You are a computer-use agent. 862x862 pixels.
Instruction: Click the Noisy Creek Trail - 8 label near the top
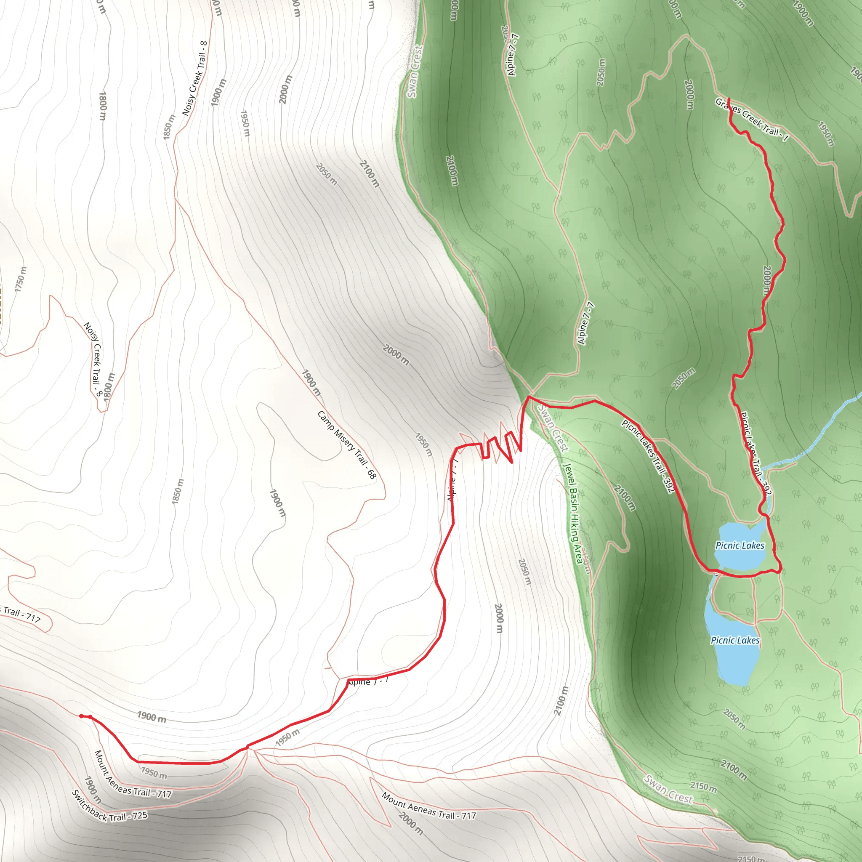coord(195,79)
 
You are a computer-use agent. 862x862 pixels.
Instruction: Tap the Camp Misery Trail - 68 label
coord(347,445)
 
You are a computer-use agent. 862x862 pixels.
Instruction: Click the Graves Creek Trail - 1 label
coord(751,120)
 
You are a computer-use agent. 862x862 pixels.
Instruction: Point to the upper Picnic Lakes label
coord(740,545)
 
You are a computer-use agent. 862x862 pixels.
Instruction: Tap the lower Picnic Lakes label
coord(735,640)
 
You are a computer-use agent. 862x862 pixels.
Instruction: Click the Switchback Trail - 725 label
coord(109,807)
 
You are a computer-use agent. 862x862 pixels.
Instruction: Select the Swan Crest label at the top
coord(414,71)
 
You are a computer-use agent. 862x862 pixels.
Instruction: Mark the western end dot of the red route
coord(81,716)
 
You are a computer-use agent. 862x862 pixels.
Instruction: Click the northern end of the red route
coord(729,98)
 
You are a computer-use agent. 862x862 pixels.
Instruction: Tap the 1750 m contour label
coord(21,279)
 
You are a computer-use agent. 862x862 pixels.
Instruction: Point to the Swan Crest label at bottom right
coord(668,789)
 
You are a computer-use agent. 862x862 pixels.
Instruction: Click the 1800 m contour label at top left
coord(103,106)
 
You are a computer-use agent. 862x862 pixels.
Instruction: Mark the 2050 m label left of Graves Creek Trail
coord(601,73)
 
